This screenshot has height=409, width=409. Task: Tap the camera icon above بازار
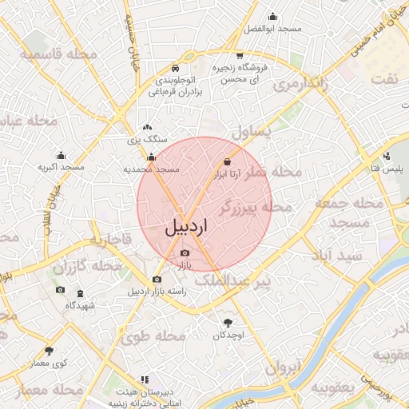(x=185, y=252)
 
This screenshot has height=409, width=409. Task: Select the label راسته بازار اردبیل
(x=157, y=292)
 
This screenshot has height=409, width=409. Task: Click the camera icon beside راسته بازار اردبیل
(x=157, y=280)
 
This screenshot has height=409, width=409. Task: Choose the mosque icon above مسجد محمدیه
(x=151, y=158)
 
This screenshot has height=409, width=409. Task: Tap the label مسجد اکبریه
(x=62, y=168)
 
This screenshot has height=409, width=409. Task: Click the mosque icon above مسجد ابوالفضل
(x=273, y=16)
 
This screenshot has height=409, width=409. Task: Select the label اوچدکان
(x=228, y=335)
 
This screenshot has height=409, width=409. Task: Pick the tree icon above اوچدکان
(x=229, y=323)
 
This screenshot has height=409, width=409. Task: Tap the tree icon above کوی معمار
(x=50, y=351)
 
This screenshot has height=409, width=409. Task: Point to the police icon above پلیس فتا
(x=387, y=156)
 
